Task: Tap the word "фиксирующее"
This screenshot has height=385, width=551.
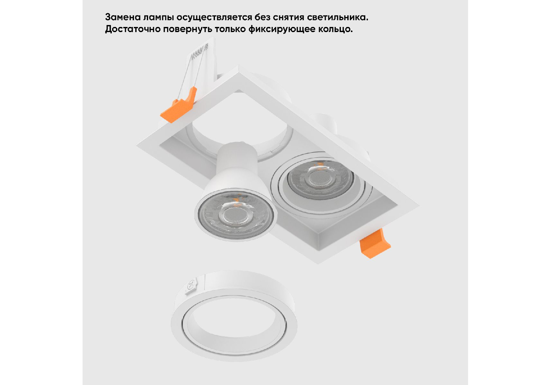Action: [x=282, y=29]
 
